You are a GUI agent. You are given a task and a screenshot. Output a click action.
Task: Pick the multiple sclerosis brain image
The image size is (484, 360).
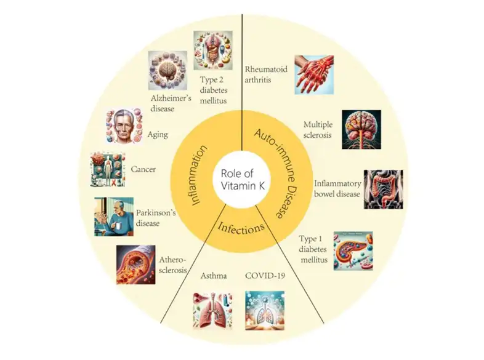[x=361, y=130]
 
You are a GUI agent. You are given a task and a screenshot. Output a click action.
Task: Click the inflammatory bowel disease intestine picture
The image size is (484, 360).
[x=383, y=189]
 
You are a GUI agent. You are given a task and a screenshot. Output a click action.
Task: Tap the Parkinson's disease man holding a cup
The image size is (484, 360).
[x=114, y=217]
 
